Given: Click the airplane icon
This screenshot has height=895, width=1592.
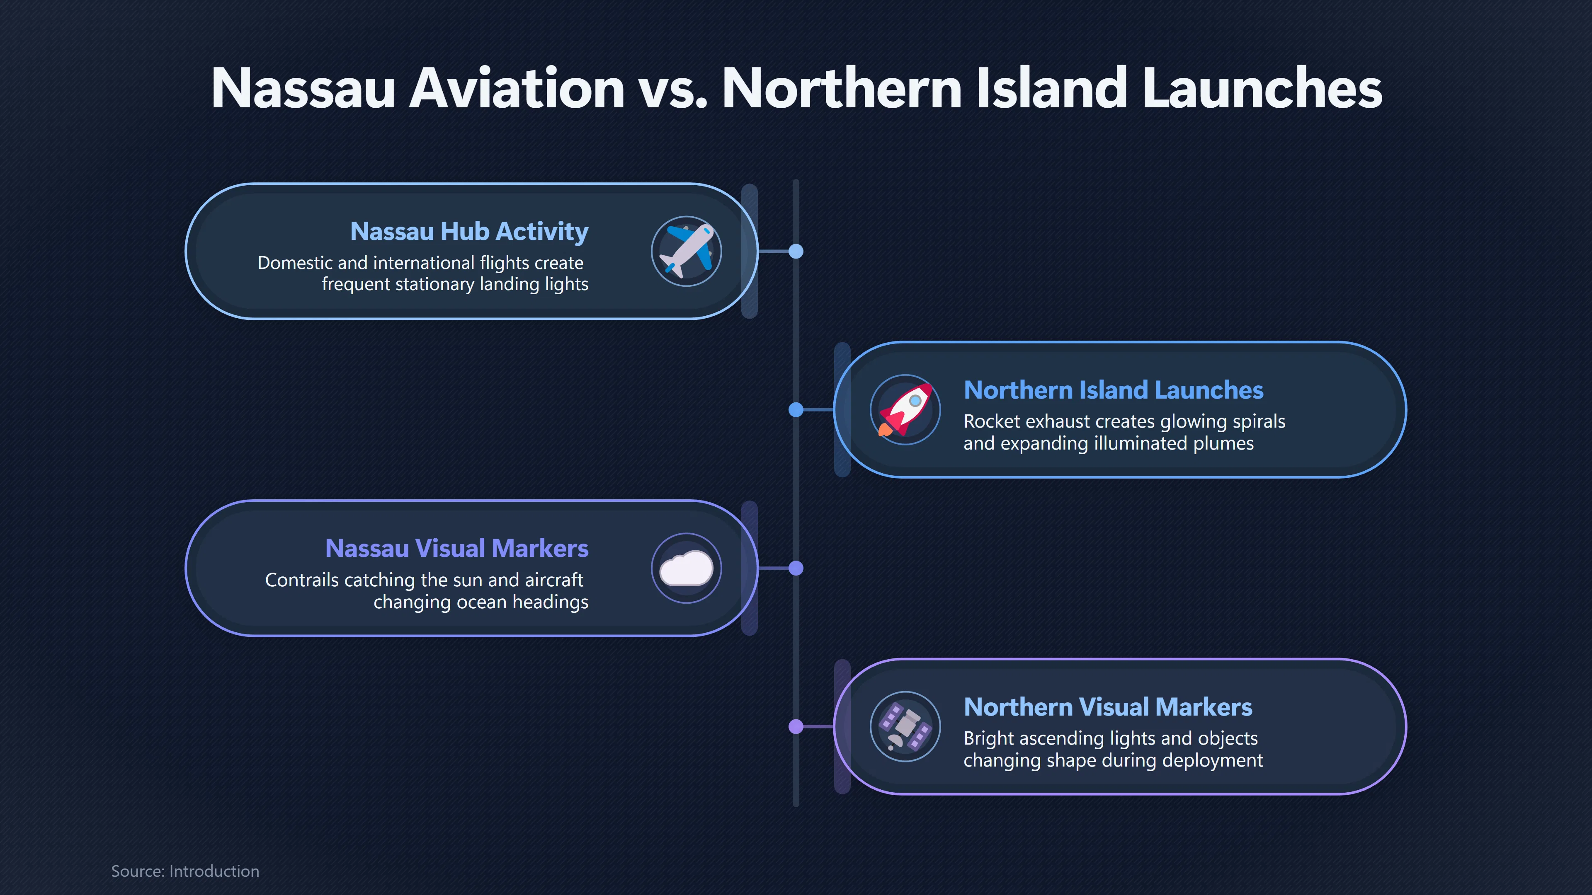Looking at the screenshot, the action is coord(686,251).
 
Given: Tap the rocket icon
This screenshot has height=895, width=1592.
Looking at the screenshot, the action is coord(905,409).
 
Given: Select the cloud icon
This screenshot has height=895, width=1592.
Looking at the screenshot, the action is coord(686,568).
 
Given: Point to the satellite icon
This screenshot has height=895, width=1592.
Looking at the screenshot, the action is coord(905,726).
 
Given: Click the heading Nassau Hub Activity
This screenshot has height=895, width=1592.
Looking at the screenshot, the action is coord(469,232).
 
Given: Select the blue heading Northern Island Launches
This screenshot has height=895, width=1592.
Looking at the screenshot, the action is coord(1114,390).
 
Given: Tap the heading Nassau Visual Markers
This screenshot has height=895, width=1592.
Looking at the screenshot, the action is coord(457,549).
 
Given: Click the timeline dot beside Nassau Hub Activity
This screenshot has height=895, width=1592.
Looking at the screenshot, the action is coord(796,252).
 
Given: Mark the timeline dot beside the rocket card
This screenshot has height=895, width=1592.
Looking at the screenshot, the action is coord(796,409).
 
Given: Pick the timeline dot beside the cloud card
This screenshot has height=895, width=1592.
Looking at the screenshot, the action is coord(796,568).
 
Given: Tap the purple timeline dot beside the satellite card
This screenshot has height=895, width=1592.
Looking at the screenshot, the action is coord(796,726).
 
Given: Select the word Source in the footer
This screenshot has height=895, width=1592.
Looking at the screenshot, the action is coord(138,871).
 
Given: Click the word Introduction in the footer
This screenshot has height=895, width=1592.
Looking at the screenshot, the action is coord(214,871).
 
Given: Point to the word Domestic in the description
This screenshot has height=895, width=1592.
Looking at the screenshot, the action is coord(295,263).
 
